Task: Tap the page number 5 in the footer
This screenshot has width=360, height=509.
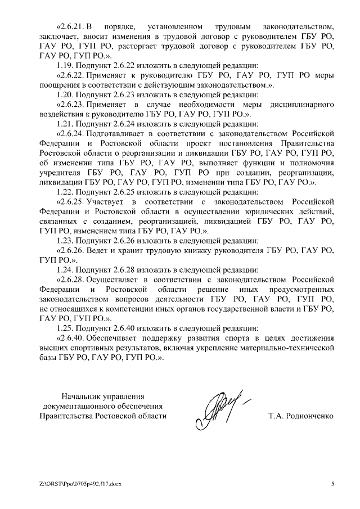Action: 332,484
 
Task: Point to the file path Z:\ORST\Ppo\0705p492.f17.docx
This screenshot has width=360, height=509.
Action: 80,484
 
